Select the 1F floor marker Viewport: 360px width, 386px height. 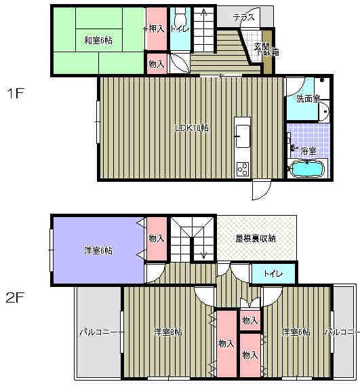(x=16, y=94)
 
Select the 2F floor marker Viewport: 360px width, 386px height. (x=16, y=296)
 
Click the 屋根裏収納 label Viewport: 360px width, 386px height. (x=256, y=238)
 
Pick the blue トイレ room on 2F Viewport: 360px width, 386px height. (x=274, y=273)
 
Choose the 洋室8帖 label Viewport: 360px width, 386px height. (x=167, y=332)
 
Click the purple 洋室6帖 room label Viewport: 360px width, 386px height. (x=98, y=250)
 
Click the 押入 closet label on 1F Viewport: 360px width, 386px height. (x=156, y=28)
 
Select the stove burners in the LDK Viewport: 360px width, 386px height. (x=242, y=169)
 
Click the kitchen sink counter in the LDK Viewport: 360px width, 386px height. (x=242, y=136)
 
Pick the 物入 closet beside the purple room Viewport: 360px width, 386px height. (x=157, y=238)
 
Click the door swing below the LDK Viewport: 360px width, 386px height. (x=261, y=190)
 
